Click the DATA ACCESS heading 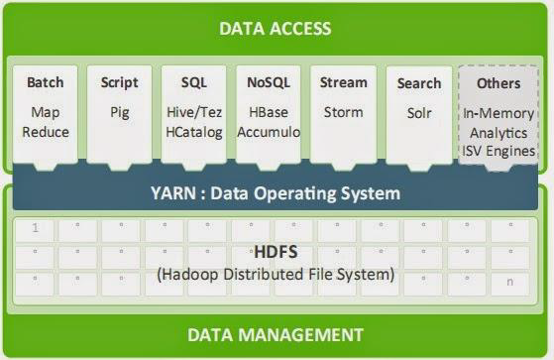276,28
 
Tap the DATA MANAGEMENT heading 276,334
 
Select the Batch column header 46,82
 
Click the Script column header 120,82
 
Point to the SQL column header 194,82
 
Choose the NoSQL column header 269,82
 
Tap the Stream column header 344,82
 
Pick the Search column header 418,82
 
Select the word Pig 120,112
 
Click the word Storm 344,112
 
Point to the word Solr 418,112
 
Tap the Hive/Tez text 194,112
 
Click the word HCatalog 194,132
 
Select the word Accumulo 269,132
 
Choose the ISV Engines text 499,151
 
